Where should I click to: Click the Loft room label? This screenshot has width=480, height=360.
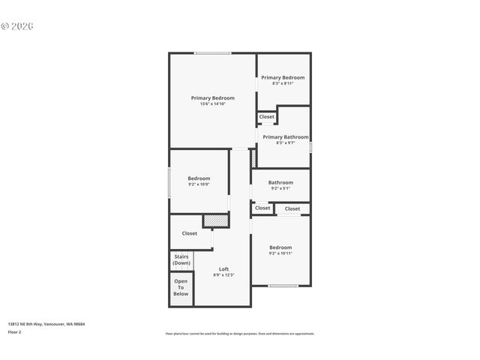click(x=223, y=269)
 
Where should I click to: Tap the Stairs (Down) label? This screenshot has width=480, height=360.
click(x=181, y=260)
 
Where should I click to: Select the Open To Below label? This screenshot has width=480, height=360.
click(x=181, y=288)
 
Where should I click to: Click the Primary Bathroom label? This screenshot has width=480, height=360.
click(x=285, y=137)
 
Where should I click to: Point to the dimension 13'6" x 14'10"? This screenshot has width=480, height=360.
click(x=212, y=104)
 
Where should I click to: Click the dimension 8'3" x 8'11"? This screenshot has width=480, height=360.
click(x=283, y=83)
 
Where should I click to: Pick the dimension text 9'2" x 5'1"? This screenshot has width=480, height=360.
click(x=280, y=188)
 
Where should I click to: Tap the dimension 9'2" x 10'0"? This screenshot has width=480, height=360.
click(x=199, y=184)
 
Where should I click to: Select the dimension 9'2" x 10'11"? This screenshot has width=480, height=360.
click(x=280, y=253)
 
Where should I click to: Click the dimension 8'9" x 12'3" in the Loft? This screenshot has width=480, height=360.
click(x=223, y=275)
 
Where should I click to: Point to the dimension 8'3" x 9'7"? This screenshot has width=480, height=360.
click(x=285, y=143)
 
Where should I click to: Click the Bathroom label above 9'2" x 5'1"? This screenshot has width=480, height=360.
click(x=280, y=182)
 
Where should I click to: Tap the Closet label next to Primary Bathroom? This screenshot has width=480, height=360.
click(x=267, y=117)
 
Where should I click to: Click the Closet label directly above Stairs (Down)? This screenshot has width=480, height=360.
click(x=190, y=233)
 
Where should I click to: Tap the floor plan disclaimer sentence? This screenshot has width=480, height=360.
click(x=240, y=334)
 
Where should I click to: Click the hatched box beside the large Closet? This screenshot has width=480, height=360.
click(x=215, y=221)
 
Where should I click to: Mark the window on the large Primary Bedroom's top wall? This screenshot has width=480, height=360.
click(x=213, y=52)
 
